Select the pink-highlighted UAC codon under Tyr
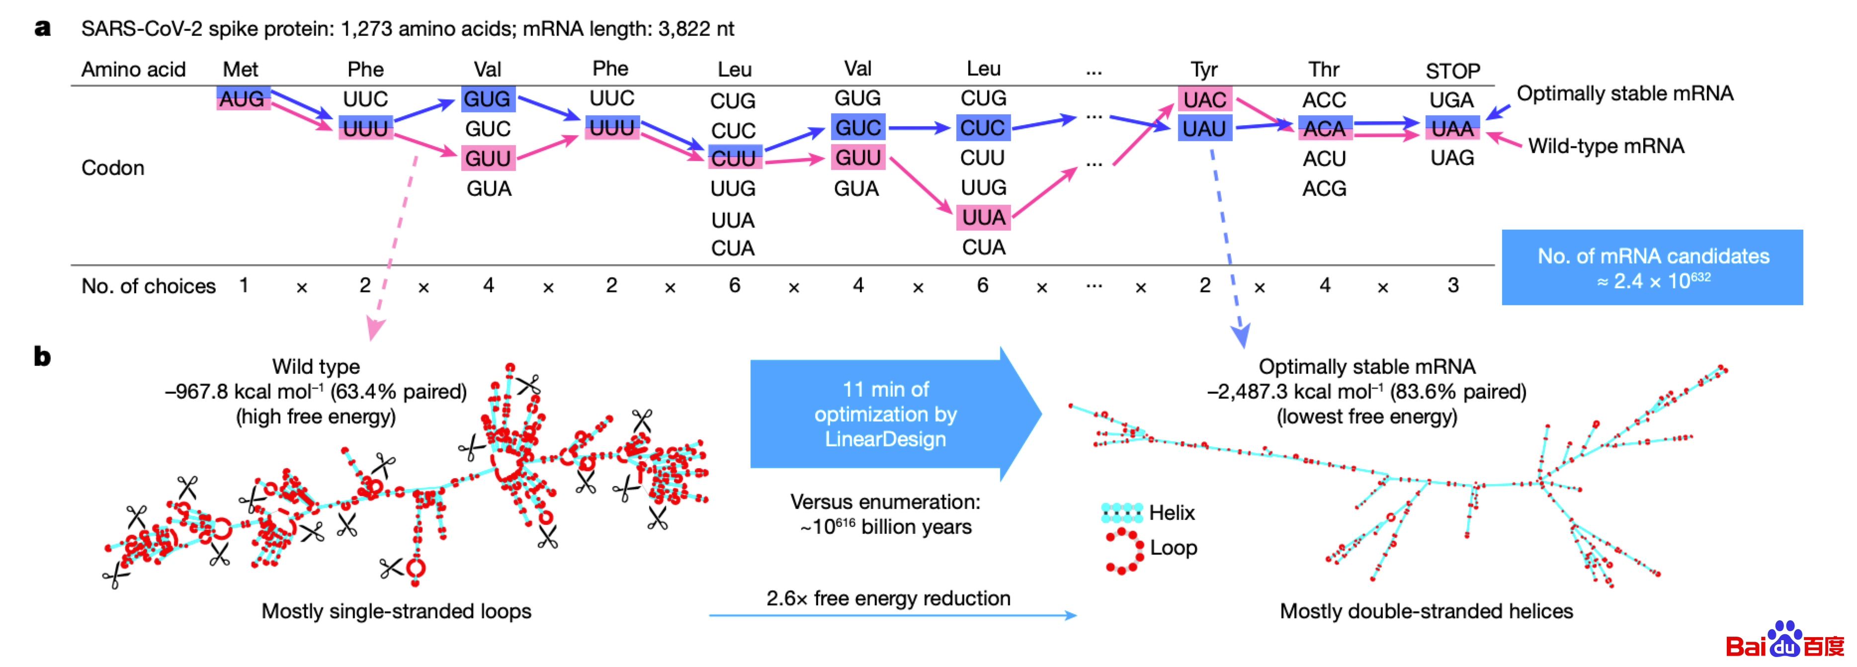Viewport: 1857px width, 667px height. tap(1204, 99)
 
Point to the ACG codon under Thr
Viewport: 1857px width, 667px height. tap(1324, 189)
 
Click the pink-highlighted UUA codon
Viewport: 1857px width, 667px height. tap(983, 217)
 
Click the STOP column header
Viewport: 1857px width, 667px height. tap(1452, 71)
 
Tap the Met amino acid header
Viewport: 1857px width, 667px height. tap(240, 69)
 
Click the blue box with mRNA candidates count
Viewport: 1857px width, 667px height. tap(1652, 267)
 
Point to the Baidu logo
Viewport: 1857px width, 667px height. tap(1784, 641)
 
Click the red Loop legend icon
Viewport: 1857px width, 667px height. tap(1124, 551)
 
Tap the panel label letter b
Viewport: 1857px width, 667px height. tap(43, 356)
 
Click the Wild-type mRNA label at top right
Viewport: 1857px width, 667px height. tap(1605, 147)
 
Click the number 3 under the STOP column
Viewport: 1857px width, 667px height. tap(1452, 286)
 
